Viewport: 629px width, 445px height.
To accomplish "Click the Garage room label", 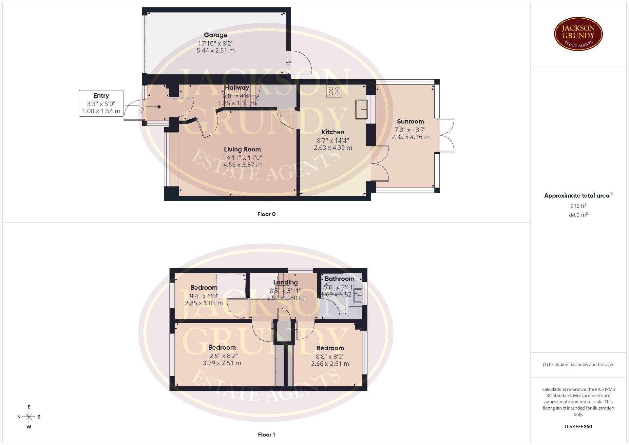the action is (216, 35).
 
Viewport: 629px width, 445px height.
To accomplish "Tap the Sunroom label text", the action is (410, 122).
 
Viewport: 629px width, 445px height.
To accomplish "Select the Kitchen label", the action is (333, 132).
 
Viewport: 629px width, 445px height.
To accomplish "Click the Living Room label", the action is (242, 149).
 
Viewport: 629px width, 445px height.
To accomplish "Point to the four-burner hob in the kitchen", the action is (334, 91).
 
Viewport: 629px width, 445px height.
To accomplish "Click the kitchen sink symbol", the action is (361, 109).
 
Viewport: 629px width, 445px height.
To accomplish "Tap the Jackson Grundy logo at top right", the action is (578, 34).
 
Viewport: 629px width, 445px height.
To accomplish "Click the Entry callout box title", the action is (101, 96).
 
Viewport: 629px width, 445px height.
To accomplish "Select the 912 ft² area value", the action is (578, 206).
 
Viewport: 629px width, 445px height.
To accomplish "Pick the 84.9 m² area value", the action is (578, 215).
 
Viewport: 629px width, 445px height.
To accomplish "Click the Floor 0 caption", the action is (266, 214).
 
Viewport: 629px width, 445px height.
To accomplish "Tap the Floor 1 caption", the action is (266, 435).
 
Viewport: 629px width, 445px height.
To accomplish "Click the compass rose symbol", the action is (29, 417).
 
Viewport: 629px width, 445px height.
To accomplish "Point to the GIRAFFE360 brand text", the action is (578, 427).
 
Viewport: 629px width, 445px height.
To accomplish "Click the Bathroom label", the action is (339, 279).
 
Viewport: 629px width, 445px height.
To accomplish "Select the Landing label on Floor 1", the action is (286, 282).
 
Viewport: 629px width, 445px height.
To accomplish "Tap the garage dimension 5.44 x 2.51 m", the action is (216, 51).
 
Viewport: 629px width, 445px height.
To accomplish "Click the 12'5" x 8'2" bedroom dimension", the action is (222, 356).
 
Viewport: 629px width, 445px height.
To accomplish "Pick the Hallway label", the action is (237, 87).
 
